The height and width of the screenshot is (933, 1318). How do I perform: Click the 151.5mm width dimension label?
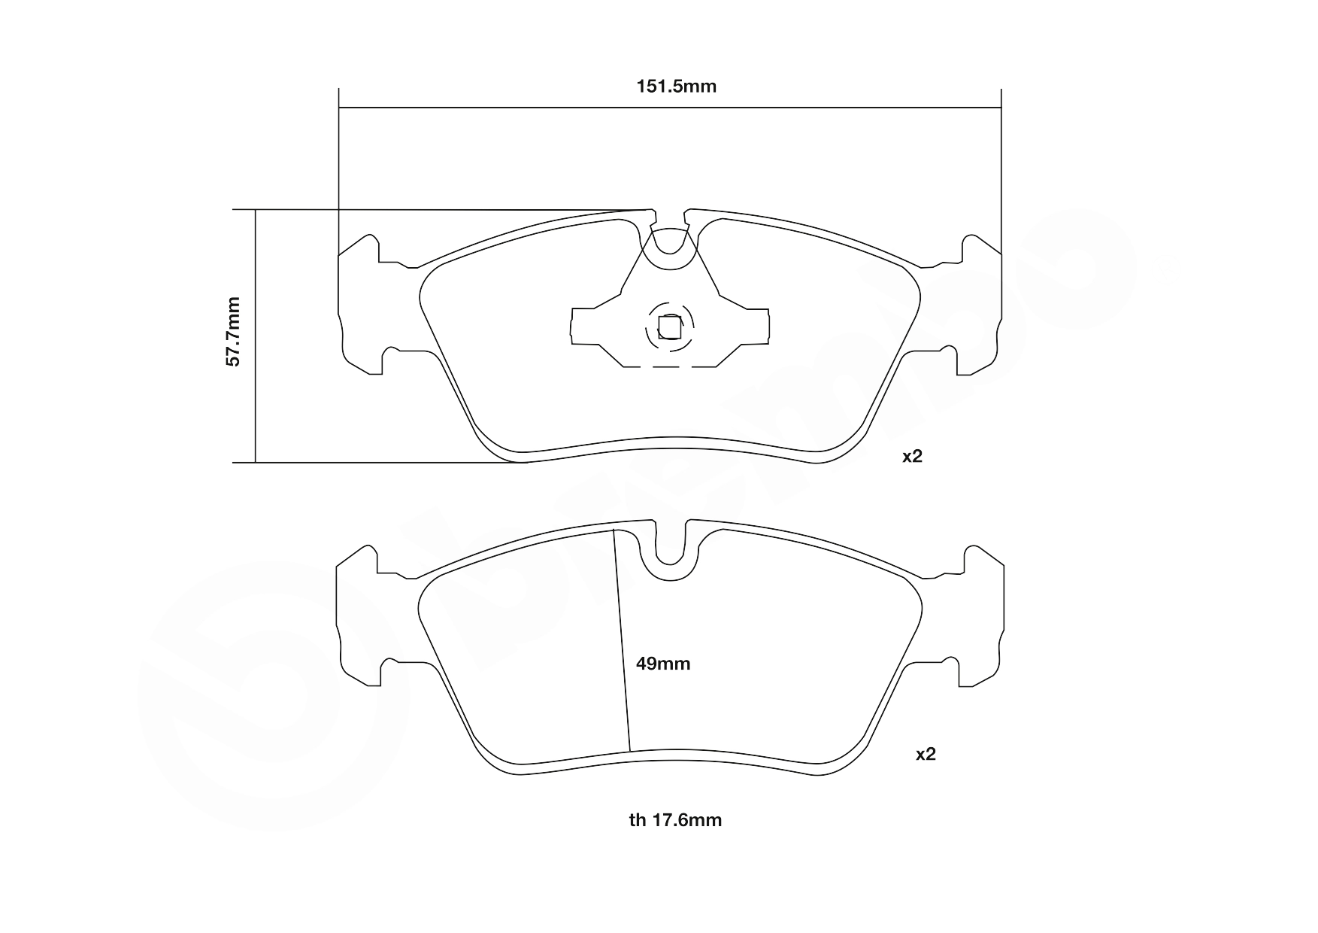(676, 87)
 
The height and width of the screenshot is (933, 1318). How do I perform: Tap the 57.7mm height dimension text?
(234, 332)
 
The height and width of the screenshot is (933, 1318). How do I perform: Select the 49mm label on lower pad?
(662, 664)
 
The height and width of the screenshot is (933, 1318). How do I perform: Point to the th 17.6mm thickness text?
(675, 820)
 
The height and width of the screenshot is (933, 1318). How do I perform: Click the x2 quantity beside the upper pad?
(912, 456)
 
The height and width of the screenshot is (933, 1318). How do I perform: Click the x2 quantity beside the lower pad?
(926, 754)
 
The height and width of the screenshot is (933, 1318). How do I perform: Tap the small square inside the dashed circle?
(669, 328)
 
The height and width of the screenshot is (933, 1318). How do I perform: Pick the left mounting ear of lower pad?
(359, 617)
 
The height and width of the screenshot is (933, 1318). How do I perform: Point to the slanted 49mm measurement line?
(622, 640)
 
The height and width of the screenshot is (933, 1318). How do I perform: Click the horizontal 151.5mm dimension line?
(526, 108)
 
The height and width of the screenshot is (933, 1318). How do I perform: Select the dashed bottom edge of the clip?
(669, 367)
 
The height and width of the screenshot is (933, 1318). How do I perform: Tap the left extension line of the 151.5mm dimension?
(339, 166)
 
